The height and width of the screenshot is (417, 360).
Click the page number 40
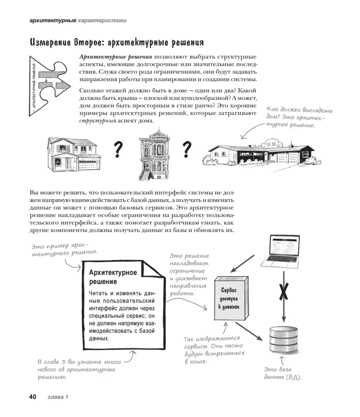[32, 397]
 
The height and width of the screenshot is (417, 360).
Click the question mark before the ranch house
[187, 149]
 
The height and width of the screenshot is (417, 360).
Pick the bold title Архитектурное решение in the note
[113, 277]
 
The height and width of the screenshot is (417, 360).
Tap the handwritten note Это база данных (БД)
[283, 373]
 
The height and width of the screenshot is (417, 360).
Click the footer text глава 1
[57, 397]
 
